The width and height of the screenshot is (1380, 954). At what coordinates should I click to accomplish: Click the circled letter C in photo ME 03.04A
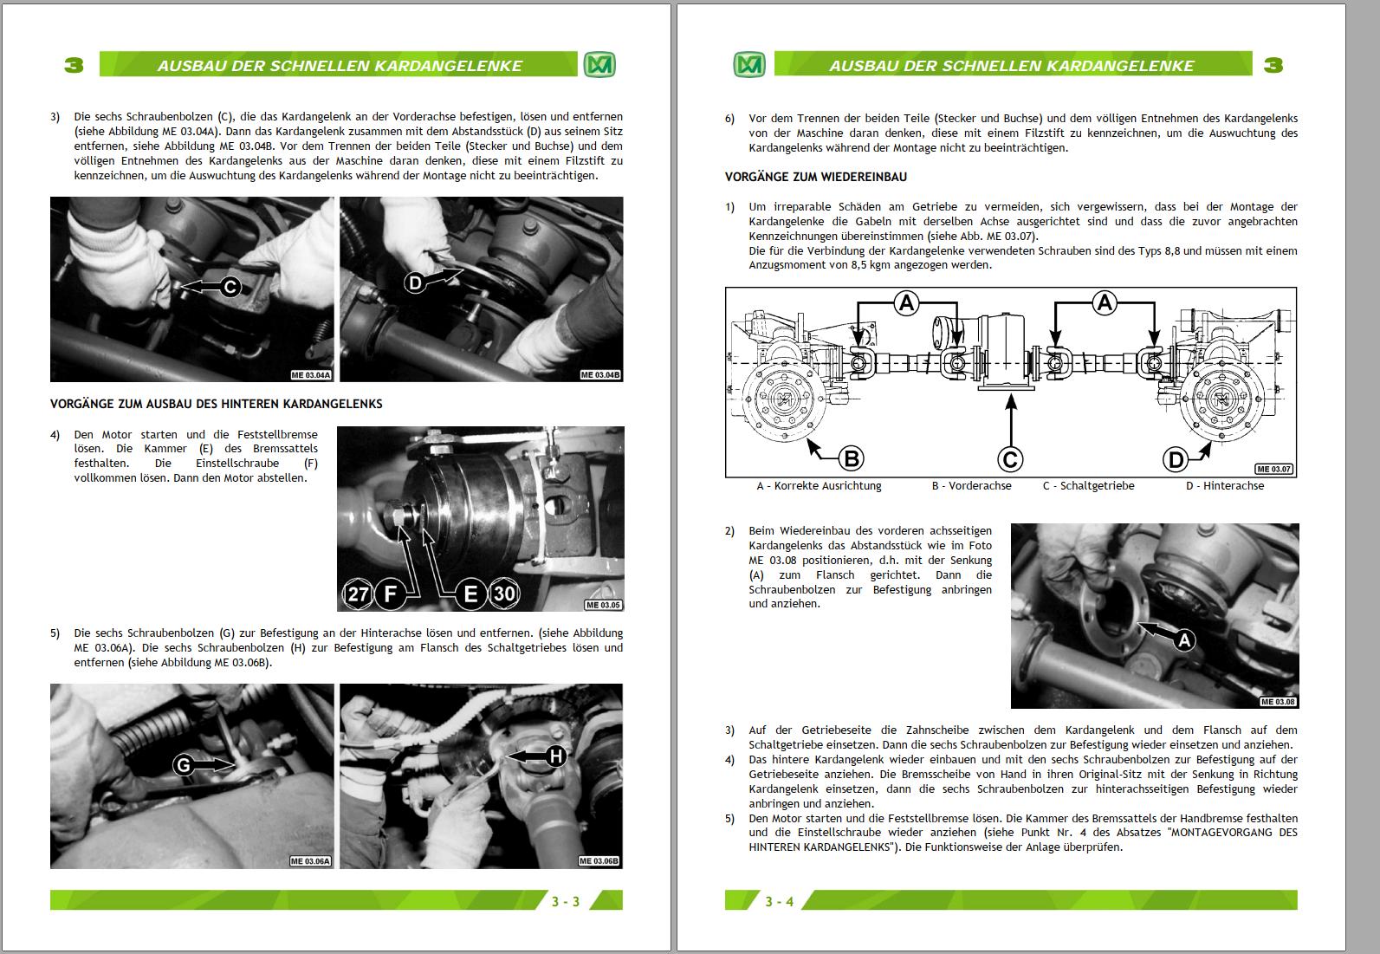[x=230, y=287]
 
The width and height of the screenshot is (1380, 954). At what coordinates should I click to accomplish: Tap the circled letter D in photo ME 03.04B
[x=415, y=282]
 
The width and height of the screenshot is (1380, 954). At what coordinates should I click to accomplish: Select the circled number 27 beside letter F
[x=358, y=594]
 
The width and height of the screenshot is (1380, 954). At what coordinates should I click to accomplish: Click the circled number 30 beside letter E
[x=504, y=594]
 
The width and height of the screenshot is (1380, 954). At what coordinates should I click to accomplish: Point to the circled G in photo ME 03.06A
[x=183, y=765]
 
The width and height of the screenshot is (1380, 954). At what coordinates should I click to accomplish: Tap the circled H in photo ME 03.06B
[x=555, y=756]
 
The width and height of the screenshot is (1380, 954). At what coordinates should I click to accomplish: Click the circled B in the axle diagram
[x=851, y=458]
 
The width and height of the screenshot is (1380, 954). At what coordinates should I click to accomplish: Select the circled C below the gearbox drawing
[x=1010, y=458]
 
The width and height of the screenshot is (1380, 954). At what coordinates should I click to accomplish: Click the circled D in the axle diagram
[x=1176, y=458]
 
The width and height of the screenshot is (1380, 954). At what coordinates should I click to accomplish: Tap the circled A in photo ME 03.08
[x=1183, y=640]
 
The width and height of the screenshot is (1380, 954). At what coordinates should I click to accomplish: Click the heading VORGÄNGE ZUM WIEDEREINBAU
[x=815, y=177]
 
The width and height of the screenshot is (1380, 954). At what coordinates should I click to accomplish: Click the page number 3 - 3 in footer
[x=566, y=901]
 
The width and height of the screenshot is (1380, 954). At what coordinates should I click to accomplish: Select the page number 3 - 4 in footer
[x=779, y=901]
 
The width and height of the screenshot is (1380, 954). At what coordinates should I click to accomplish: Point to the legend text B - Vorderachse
[x=971, y=486]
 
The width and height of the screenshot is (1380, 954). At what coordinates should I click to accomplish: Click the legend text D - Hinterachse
[x=1224, y=486]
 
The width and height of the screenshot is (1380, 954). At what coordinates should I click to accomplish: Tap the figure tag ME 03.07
[x=1274, y=469]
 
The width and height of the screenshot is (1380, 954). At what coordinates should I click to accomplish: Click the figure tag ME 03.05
[x=603, y=605]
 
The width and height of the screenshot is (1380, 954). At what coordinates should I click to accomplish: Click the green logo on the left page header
[x=599, y=65]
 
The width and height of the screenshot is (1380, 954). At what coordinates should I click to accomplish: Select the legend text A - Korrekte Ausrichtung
[x=819, y=486]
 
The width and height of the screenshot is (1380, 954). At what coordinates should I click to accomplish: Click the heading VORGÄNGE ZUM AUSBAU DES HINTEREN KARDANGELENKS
[x=216, y=404]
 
